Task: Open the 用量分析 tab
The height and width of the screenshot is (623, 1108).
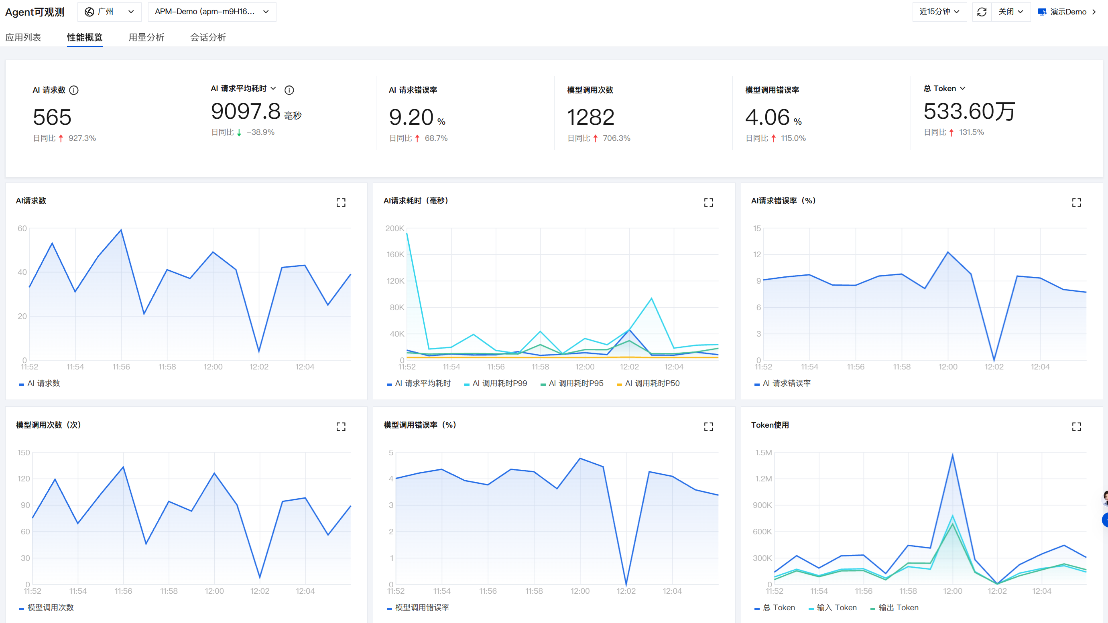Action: point(146,37)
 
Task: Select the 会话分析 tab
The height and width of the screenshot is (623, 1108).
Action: point(208,37)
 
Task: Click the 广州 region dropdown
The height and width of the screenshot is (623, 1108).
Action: point(109,12)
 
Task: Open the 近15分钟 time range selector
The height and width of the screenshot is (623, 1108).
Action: point(939,12)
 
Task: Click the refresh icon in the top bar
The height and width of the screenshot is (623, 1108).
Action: point(982,12)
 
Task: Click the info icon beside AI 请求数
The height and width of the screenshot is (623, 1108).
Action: point(74,90)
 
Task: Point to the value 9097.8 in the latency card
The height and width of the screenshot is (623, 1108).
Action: point(246,111)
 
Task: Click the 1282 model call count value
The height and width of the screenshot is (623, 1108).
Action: point(591,117)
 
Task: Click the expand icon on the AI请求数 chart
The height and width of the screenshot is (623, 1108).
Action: point(341,203)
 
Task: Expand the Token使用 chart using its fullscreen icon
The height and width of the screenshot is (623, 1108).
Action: point(1076,426)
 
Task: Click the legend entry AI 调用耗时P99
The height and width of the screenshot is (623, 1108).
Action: point(496,383)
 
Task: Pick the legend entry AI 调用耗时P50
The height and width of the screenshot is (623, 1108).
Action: point(648,383)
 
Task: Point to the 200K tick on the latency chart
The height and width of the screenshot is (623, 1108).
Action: point(394,228)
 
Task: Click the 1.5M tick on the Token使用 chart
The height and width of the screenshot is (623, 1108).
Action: point(763,453)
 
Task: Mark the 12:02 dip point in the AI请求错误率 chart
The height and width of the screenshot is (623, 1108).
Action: point(994,360)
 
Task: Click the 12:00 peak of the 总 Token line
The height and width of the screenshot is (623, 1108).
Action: point(952,455)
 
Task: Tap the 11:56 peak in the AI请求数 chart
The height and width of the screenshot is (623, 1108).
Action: point(121,229)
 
